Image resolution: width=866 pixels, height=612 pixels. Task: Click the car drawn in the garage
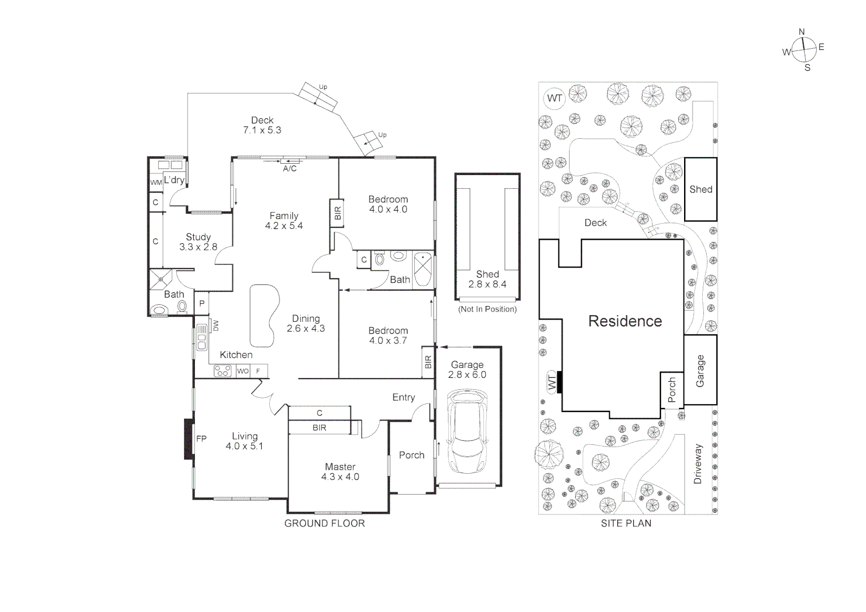click(x=468, y=431)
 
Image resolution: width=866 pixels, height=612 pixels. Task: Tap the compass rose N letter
click(x=801, y=32)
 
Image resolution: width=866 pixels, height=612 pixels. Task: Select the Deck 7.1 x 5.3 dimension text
click(x=262, y=130)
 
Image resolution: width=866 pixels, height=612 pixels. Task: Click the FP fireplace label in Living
click(x=201, y=439)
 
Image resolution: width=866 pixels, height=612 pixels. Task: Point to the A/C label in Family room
click(x=290, y=169)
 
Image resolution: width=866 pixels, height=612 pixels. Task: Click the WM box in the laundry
click(x=156, y=182)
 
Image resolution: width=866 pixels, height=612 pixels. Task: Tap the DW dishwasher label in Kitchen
click(x=215, y=326)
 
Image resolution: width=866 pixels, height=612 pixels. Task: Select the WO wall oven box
click(x=243, y=371)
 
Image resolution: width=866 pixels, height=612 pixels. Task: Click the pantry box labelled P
click(x=202, y=304)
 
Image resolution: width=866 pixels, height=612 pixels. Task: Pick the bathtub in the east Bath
click(x=422, y=270)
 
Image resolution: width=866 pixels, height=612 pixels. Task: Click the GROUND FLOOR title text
click(x=324, y=524)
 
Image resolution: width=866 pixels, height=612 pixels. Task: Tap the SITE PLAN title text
click(x=626, y=524)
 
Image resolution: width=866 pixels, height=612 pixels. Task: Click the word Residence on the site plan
click(x=625, y=321)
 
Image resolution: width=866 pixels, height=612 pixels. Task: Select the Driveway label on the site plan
click(x=698, y=464)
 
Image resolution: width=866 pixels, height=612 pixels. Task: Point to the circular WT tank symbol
click(x=554, y=99)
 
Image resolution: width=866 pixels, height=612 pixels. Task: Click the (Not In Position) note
click(x=487, y=309)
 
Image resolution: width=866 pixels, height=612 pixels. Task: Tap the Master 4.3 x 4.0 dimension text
click(x=340, y=477)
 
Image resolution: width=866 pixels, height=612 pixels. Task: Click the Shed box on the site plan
click(x=701, y=189)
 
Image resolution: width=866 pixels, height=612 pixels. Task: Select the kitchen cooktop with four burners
click(x=222, y=371)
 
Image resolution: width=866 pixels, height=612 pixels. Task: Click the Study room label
click(x=198, y=237)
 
